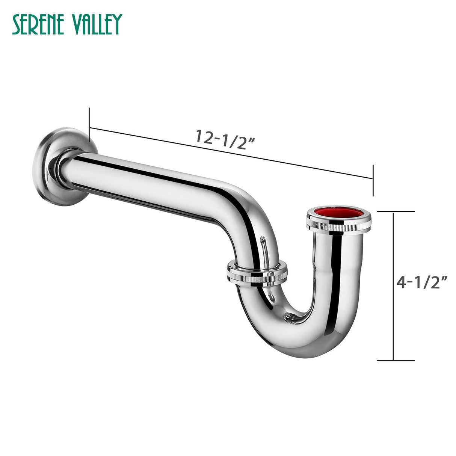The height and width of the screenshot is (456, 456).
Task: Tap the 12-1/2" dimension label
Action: tap(225, 139)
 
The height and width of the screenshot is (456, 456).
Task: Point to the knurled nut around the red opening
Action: tap(338, 225)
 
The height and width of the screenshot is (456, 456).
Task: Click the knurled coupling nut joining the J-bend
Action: tap(257, 273)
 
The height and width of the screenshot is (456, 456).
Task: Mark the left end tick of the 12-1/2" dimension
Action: tap(89, 128)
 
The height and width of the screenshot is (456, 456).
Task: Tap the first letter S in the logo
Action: tap(17, 25)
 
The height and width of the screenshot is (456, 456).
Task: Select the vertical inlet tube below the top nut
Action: tap(338, 270)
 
